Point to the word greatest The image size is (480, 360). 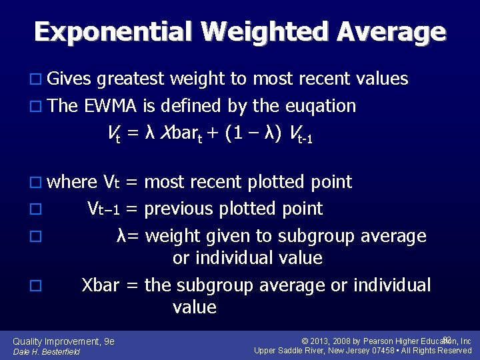click(x=130, y=80)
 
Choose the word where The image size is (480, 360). click(x=73, y=182)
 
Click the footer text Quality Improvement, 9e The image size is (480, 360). click(x=64, y=341)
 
